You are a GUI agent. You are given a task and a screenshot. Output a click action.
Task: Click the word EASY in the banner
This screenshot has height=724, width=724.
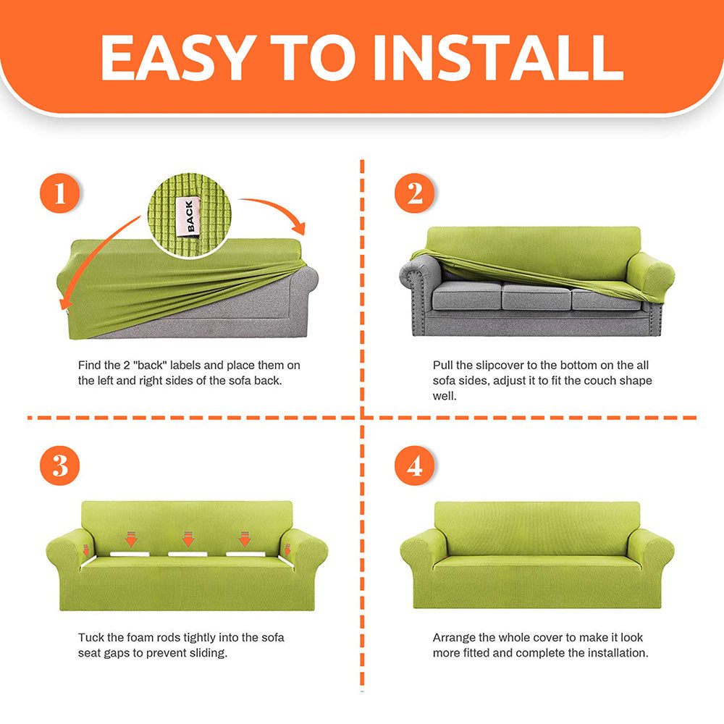[178, 57]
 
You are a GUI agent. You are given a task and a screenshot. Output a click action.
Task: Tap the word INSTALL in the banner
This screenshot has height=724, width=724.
[499, 57]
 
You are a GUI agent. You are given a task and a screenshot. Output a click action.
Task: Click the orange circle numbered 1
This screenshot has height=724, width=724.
[60, 193]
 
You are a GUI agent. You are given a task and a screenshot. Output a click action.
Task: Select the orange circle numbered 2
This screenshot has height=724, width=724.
[415, 193]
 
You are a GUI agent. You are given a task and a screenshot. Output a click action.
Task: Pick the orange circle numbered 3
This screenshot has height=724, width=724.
[60, 466]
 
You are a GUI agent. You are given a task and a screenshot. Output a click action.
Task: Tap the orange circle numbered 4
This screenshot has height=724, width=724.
[415, 466]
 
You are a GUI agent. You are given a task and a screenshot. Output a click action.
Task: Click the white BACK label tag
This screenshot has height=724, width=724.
[189, 216]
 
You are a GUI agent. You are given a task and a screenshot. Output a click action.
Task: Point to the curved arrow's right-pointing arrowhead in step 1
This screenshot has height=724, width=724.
[299, 227]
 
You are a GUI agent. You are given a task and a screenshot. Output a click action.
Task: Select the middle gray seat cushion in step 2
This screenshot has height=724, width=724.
[536, 296]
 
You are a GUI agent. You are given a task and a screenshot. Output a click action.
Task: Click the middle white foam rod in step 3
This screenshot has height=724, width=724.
[188, 554]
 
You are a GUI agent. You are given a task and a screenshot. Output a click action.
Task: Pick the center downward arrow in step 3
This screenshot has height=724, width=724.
[188, 539]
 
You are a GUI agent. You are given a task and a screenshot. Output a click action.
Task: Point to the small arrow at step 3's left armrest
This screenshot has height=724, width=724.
[86, 550]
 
